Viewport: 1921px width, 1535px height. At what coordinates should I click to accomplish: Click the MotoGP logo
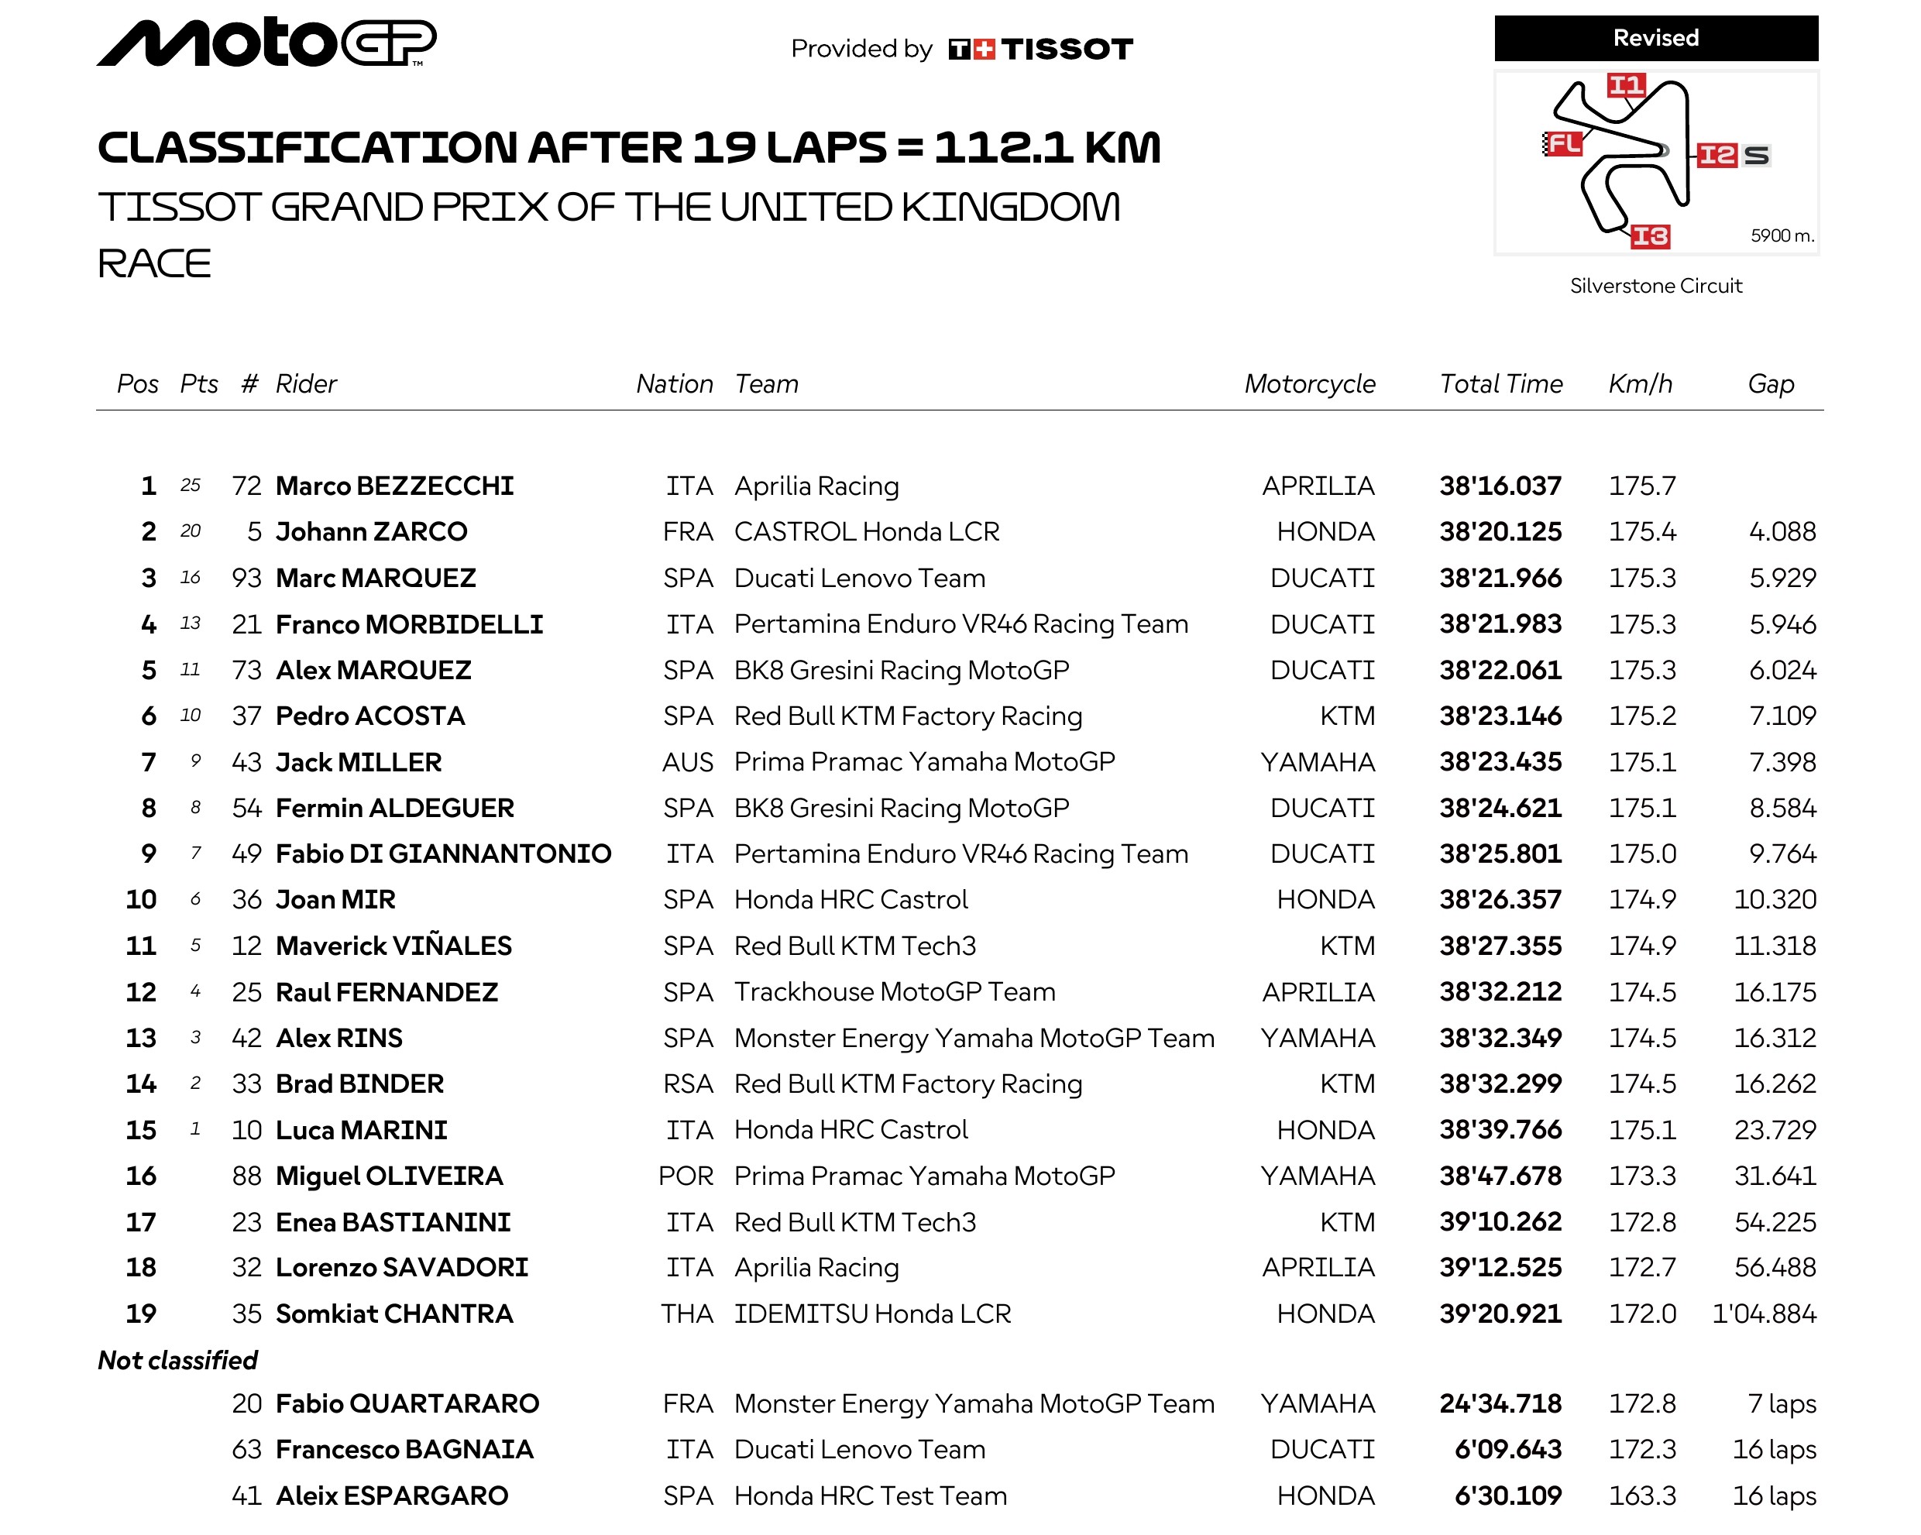[266, 42]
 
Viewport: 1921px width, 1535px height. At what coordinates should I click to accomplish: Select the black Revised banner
[1655, 38]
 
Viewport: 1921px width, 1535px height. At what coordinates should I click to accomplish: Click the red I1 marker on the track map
[1625, 84]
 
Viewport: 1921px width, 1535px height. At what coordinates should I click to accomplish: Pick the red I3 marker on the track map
[1649, 236]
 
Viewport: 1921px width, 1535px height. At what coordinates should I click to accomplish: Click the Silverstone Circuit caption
[1655, 286]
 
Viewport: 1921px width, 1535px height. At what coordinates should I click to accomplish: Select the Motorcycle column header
[1309, 384]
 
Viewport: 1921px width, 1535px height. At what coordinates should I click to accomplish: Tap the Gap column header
[1771, 384]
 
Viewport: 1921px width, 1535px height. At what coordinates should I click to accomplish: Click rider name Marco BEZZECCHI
[395, 486]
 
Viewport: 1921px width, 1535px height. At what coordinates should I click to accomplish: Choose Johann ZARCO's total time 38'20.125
[1500, 532]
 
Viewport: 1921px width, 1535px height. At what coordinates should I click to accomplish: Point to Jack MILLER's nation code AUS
[687, 763]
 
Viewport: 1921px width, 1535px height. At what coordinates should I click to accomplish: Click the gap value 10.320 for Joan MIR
[1774, 900]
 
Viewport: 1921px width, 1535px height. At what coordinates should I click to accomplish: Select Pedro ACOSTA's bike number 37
[247, 716]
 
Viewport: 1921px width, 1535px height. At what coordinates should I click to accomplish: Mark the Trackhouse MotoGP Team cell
[895, 991]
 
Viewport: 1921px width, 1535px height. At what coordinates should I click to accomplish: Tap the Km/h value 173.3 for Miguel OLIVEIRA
[1641, 1176]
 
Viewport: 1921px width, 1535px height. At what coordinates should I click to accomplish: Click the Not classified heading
[177, 1361]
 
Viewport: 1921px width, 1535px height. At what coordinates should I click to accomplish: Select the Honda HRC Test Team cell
[871, 1496]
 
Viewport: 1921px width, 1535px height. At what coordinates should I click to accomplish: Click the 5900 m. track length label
[1781, 236]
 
